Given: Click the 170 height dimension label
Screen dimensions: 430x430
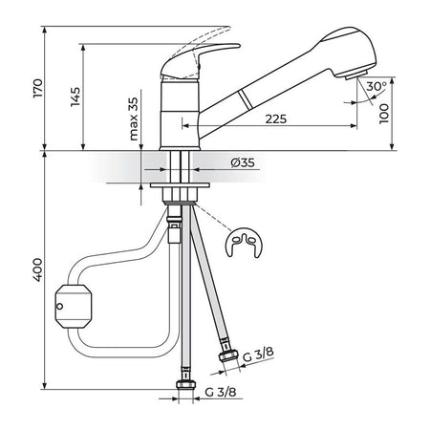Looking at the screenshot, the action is pyautogui.click(x=37, y=88).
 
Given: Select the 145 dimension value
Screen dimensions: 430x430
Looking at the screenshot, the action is pyautogui.click(x=75, y=97).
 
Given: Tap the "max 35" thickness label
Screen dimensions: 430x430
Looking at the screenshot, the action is pyautogui.click(x=134, y=118).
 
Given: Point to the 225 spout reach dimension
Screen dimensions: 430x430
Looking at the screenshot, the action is pyautogui.click(x=276, y=119).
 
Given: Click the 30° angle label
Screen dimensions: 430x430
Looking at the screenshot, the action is pyautogui.click(x=376, y=86).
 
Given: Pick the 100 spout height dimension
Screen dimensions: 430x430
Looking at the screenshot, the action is pyautogui.click(x=384, y=114).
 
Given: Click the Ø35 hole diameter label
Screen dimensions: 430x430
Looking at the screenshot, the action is pyautogui.click(x=243, y=162).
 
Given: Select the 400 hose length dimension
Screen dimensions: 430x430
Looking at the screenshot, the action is pyautogui.click(x=37, y=269).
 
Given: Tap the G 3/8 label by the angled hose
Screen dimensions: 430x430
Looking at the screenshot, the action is pyautogui.click(x=258, y=355).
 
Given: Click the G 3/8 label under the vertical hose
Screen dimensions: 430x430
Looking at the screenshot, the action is pyautogui.click(x=221, y=392).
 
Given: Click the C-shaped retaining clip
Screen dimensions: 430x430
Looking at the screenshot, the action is pyautogui.click(x=244, y=243).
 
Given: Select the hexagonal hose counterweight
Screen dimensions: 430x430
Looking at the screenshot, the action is pyautogui.click(x=74, y=307).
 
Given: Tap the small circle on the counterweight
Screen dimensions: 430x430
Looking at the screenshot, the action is pyautogui.click(x=59, y=307).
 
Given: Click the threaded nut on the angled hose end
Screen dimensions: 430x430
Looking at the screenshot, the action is pyautogui.click(x=228, y=355).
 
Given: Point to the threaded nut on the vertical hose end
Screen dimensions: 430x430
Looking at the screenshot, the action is pyautogui.click(x=186, y=385).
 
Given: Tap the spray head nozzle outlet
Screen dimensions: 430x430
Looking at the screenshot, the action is pyautogui.click(x=356, y=75).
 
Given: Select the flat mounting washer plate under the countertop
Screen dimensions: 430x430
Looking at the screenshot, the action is pyautogui.click(x=180, y=185).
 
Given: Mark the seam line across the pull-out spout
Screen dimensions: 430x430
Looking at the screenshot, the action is pyautogui.click(x=246, y=99).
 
